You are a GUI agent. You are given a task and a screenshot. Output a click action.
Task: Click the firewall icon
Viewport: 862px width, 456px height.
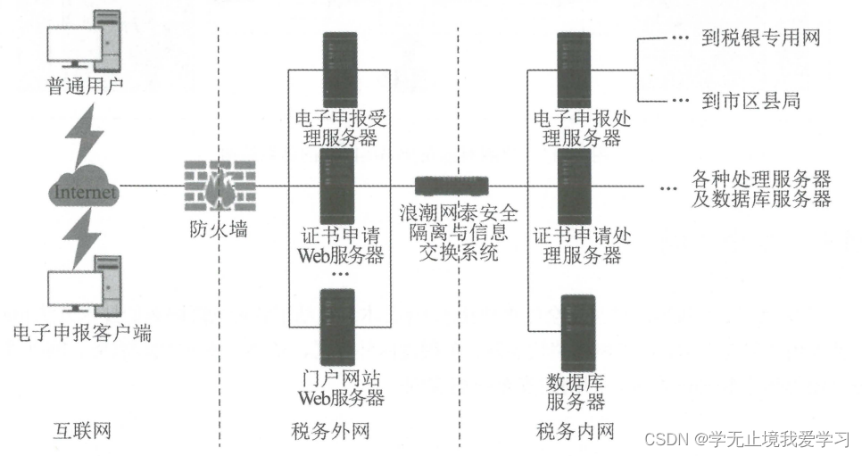point(215,187)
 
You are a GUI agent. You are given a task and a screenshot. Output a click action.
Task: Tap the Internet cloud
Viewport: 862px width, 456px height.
point(85,190)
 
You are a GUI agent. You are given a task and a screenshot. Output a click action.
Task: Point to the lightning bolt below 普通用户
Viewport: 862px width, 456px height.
point(86,134)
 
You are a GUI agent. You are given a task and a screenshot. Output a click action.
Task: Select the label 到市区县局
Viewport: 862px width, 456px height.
point(750,100)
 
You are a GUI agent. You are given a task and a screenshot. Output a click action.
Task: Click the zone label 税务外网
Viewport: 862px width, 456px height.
point(330,433)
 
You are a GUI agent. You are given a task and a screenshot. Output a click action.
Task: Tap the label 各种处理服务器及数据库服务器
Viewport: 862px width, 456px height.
point(761,188)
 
